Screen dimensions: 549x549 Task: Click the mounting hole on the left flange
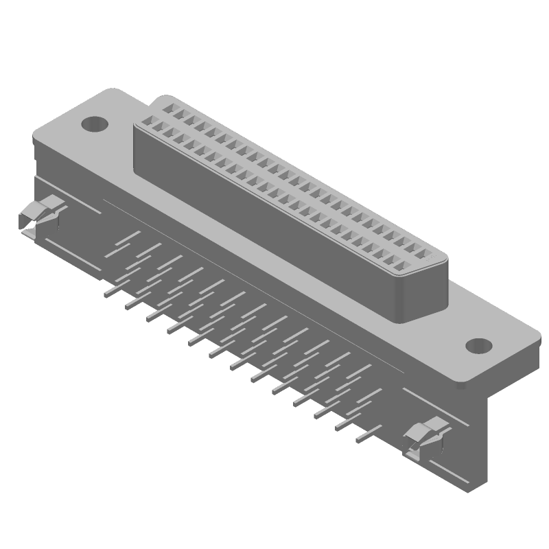point(95,124)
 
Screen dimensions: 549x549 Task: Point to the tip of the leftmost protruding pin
point(106,295)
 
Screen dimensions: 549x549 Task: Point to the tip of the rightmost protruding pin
point(359,441)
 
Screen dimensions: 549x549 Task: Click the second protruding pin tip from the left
point(128,307)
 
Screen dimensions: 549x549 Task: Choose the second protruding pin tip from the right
point(338,429)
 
